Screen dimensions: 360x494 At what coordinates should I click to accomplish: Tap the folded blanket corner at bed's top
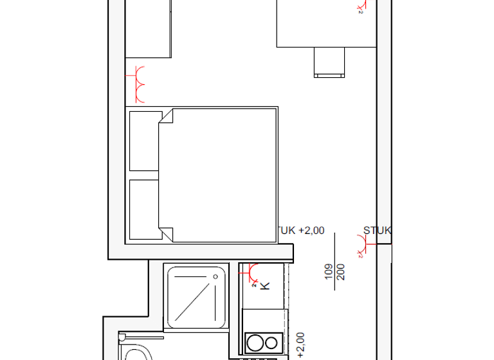pos(166,116)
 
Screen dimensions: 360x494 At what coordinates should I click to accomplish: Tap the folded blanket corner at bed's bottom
pos(166,235)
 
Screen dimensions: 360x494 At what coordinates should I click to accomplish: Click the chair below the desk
pos(329,62)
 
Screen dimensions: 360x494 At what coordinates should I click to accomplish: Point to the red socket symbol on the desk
pos(360,6)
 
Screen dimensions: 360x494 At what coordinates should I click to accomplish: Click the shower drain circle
pos(213,275)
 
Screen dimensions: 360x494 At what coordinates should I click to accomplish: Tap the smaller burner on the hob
pos(272,341)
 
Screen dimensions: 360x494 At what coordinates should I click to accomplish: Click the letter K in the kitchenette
pos(265,284)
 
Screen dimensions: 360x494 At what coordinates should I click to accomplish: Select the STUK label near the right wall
pos(377,230)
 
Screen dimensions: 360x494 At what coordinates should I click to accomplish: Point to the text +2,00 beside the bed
pos(311,230)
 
